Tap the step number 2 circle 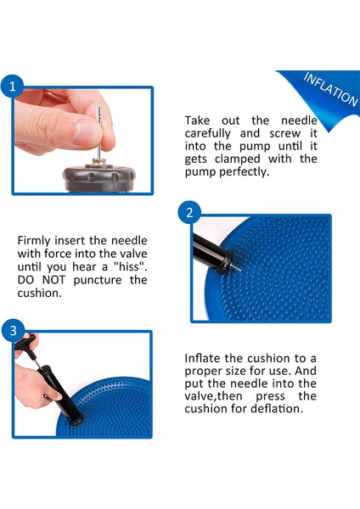point(189,212)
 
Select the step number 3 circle point(12,330)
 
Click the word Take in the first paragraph point(199,120)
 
